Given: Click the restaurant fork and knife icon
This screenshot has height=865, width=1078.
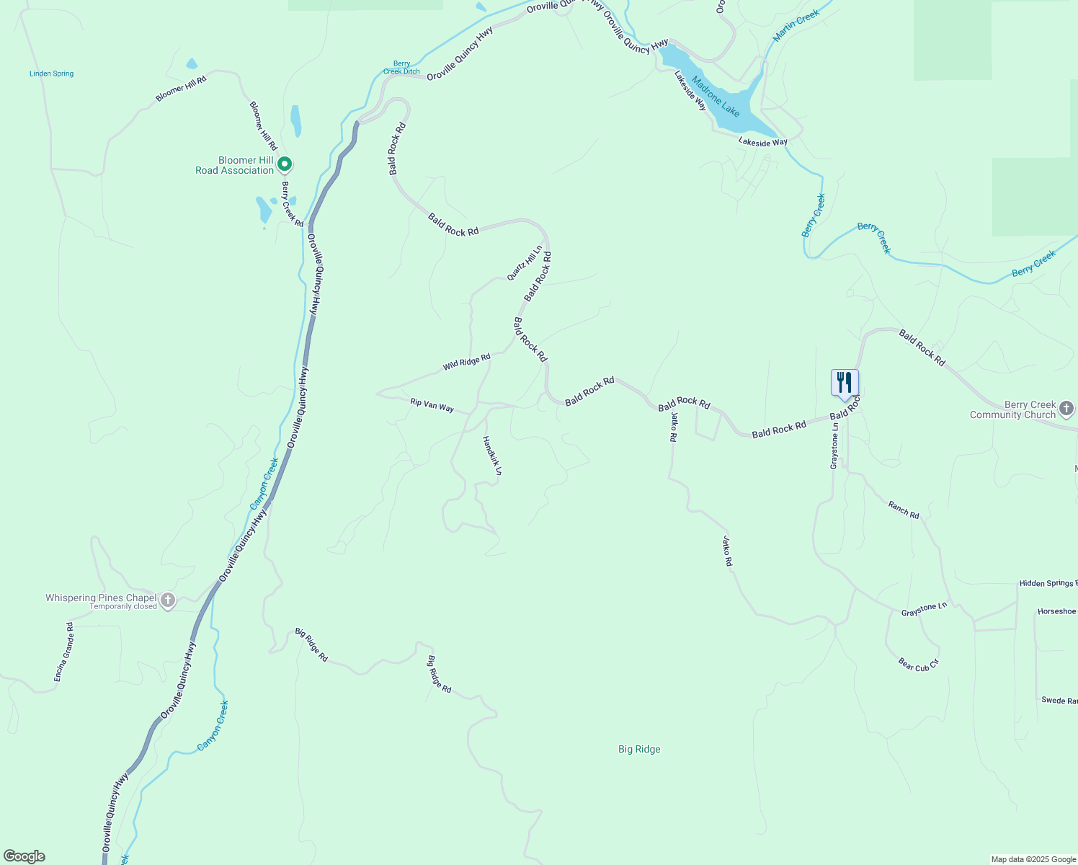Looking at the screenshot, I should pos(845,383).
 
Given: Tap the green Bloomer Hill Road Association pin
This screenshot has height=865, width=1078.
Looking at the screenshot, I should pos(285,165).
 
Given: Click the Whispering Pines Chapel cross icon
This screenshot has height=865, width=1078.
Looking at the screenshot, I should pos(168,600).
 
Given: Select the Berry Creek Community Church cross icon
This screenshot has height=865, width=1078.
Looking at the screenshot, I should pos(1067,409).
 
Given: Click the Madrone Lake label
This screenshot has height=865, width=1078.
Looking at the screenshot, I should pos(716,96).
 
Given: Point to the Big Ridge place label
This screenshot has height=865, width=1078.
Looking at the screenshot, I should pos(639,750).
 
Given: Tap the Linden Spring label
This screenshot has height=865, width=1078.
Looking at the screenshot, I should pos(51,74).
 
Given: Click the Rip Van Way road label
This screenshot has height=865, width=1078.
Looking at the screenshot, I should pos(432,405).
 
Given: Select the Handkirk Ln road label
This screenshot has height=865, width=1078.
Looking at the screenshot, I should pos(492,456).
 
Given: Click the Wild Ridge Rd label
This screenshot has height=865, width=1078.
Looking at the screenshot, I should pos(466,362).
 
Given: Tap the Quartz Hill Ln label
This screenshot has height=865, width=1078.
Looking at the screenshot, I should pos(524,263).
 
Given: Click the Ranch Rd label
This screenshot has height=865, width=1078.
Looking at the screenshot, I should pos(904,510).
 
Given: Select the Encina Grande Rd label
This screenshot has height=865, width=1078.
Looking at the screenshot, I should pos(64,652).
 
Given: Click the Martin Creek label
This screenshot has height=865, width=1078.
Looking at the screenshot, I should pos(796,25).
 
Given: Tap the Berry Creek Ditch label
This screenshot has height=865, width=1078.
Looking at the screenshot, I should pos(401,68).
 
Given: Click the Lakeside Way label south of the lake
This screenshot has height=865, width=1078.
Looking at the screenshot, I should pos(762,143).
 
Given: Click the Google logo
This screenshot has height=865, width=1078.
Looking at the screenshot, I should pos(24,856).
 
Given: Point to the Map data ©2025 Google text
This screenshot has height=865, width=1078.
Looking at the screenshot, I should pos(1033,859).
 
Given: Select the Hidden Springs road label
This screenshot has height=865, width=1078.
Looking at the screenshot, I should pos(1048,583).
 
